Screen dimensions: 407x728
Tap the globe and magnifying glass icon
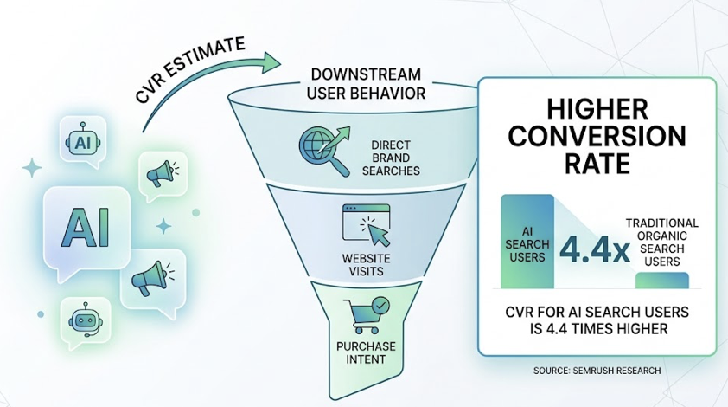322,148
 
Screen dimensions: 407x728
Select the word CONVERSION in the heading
597,137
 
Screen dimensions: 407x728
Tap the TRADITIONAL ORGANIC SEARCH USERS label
667,242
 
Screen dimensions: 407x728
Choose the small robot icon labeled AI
84,141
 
